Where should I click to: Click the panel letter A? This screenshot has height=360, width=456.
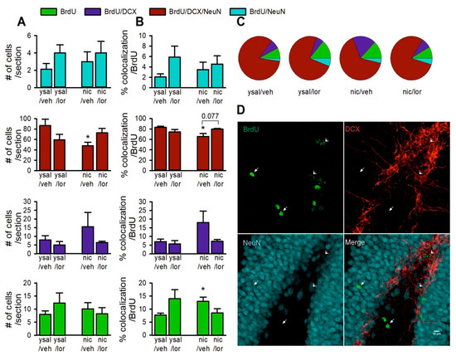7,27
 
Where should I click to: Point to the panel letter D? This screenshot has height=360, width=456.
241,109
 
